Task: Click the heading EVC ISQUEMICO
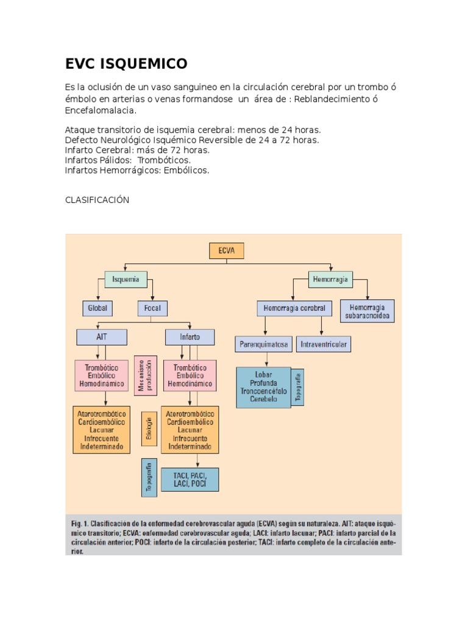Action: coord(126,63)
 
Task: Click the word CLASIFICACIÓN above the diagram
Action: coord(97,200)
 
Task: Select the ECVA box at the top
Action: coord(226,251)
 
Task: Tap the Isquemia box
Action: coord(126,279)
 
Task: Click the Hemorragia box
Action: coord(330,279)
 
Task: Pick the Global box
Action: coord(97,308)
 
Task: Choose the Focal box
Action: coord(153,308)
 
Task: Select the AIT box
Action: coord(101,337)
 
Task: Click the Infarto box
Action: coord(190,337)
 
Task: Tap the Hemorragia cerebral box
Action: coord(295,308)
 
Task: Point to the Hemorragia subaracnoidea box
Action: coord(367,311)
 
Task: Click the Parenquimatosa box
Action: coord(264,344)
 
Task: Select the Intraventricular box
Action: coord(324,344)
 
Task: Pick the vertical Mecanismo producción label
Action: coord(146,375)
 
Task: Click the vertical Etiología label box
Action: coord(149,430)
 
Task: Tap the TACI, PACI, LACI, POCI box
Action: coord(190,480)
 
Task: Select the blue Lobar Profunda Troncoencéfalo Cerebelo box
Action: coord(263,387)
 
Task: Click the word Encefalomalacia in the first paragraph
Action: coord(100,111)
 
